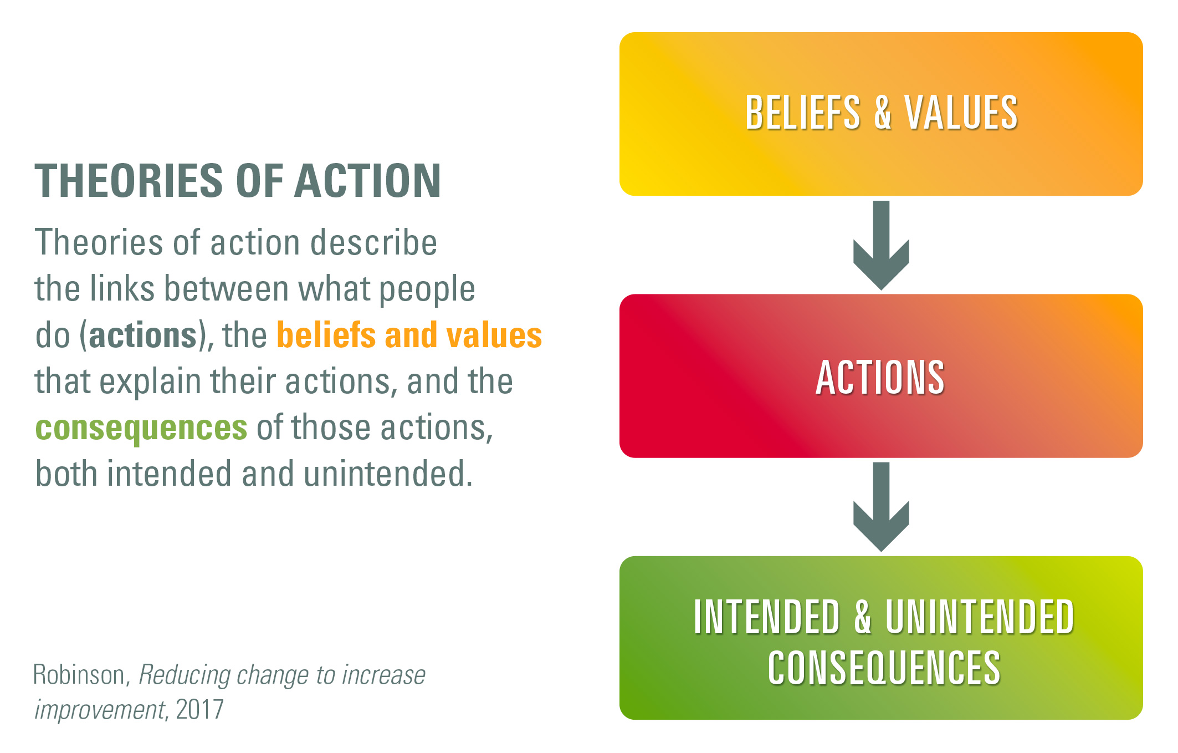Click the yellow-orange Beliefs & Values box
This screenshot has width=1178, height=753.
point(881,114)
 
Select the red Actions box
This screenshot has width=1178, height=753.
point(881,376)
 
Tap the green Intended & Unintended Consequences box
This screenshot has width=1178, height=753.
point(881,638)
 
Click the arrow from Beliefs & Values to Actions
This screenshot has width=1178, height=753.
point(881,245)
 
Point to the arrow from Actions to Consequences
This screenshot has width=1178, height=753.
point(881,507)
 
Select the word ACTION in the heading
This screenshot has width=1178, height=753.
point(368,181)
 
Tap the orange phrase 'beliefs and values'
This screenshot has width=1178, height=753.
point(409,335)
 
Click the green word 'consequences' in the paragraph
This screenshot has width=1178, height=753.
point(141,429)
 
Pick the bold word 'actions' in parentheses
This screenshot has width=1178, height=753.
point(143,335)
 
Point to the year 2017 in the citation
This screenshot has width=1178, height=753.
point(199,709)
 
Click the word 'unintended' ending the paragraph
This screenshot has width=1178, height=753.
point(388,474)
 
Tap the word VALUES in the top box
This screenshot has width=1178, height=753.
point(961,113)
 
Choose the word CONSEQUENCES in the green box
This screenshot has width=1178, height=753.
point(884,668)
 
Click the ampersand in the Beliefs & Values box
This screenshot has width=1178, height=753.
point(883,113)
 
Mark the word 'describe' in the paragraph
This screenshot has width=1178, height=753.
point(373,243)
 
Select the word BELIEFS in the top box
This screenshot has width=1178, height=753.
point(803,113)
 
